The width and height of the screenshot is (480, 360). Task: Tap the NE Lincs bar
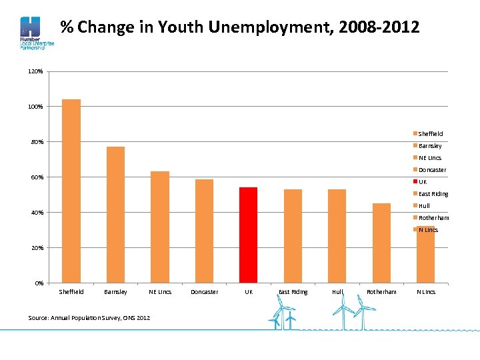pyautogui.click(x=160, y=227)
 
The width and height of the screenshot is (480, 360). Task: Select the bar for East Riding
pyautogui.click(x=293, y=236)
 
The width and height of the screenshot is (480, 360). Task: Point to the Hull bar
pyautogui.click(x=337, y=236)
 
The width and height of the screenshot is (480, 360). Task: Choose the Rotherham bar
pyautogui.click(x=381, y=243)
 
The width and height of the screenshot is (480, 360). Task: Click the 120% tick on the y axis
pyautogui.click(x=35, y=71)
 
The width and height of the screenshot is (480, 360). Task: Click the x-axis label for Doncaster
pyautogui.click(x=204, y=292)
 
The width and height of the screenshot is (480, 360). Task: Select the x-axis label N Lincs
pyautogui.click(x=426, y=292)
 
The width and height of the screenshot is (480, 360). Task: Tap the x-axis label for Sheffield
pyautogui.click(x=71, y=292)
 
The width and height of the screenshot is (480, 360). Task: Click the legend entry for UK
pyautogui.click(x=422, y=182)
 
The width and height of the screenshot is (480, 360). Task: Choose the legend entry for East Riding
pyautogui.click(x=433, y=194)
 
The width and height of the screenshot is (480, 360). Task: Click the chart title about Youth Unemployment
pyautogui.click(x=240, y=27)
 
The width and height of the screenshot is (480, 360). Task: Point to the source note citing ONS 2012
pyautogui.click(x=89, y=317)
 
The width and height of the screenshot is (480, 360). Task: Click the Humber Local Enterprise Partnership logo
pyautogui.click(x=33, y=33)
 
